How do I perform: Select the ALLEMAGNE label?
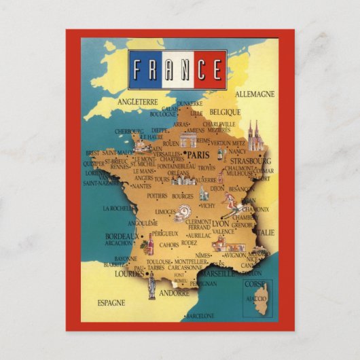click(254, 94)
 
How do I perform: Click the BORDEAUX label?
click(122, 236)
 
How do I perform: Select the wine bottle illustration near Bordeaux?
click(149, 245)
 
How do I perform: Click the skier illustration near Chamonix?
click(234, 200)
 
